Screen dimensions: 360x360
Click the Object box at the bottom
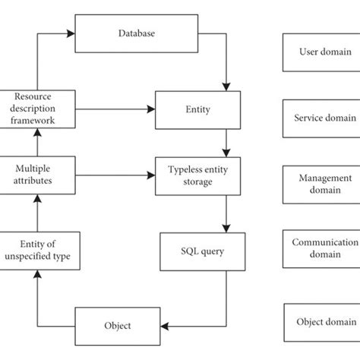(x=118, y=326)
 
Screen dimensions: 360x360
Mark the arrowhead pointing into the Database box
(x=72, y=33)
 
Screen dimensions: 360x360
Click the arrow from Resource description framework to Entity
(x=114, y=109)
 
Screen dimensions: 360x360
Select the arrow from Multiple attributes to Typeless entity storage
(x=114, y=175)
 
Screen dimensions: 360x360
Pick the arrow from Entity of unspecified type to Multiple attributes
(x=35, y=213)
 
